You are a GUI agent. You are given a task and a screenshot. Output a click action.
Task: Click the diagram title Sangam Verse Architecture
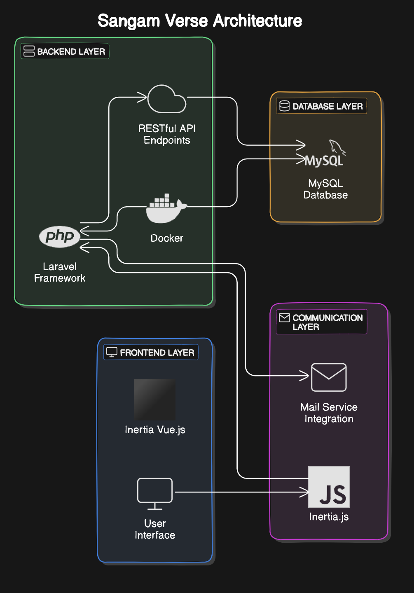click(x=200, y=21)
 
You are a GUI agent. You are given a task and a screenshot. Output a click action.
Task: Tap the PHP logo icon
click(x=60, y=236)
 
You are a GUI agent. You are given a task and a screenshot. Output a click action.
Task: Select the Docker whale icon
click(x=166, y=209)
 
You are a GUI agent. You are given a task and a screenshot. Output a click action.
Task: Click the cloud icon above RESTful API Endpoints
click(x=167, y=99)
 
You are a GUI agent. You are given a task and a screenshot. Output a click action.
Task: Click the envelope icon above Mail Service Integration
click(x=329, y=377)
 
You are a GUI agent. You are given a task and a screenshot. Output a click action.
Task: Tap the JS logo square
click(x=329, y=487)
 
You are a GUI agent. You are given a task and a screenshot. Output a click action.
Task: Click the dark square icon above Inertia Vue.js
click(x=155, y=399)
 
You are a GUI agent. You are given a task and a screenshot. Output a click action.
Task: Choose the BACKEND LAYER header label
click(x=65, y=51)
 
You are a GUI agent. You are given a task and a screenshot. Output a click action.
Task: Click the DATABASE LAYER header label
click(x=321, y=106)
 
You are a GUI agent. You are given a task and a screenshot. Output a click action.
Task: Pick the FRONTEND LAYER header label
click(x=151, y=353)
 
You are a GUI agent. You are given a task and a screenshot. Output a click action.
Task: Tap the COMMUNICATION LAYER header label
click(x=321, y=322)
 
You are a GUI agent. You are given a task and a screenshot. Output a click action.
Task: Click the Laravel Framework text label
click(x=60, y=272)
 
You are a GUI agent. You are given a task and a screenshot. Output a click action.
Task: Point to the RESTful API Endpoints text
click(x=167, y=134)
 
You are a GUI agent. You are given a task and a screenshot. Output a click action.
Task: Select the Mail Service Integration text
click(x=329, y=413)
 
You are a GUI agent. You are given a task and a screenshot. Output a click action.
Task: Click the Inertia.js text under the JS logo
click(x=329, y=517)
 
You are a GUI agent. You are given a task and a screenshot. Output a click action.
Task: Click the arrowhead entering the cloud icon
click(x=143, y=98)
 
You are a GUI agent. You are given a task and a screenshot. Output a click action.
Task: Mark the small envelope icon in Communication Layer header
click(x=284, y=318)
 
